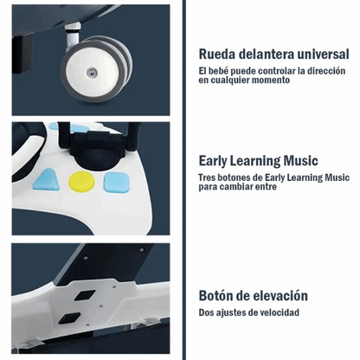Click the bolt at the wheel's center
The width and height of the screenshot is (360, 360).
(x=92, y=72)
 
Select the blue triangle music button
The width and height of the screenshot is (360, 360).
(x=47, y=180)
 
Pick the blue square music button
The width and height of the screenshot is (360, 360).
(x=116, y=183)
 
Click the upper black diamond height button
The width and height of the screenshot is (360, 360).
(x=85, y=295)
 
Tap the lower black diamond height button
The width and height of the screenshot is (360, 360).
(x=69, y=318)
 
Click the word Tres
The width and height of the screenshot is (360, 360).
(x=207, y=177)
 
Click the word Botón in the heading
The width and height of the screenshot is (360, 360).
(x=215, y=296)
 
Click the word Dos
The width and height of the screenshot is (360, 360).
(x=205, y=312)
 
